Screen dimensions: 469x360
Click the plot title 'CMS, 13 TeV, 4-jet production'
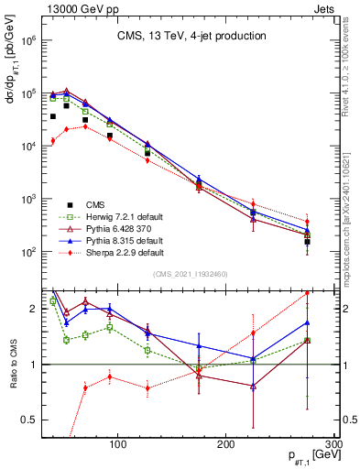(x=191, y=37)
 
